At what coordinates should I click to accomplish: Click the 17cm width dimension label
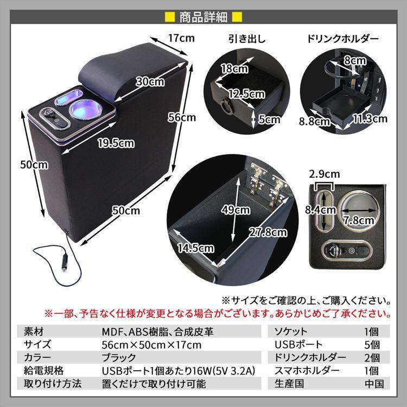[181, 39]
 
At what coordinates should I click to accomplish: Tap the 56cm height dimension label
[181, 117]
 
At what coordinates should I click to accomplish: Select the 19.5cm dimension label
[116, 144]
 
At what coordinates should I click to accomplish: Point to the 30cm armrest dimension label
[150, 82]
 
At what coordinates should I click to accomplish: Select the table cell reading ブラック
[119, 358]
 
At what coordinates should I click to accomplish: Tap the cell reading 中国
[374, 384]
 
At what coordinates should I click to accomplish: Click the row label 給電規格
[43, 371]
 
